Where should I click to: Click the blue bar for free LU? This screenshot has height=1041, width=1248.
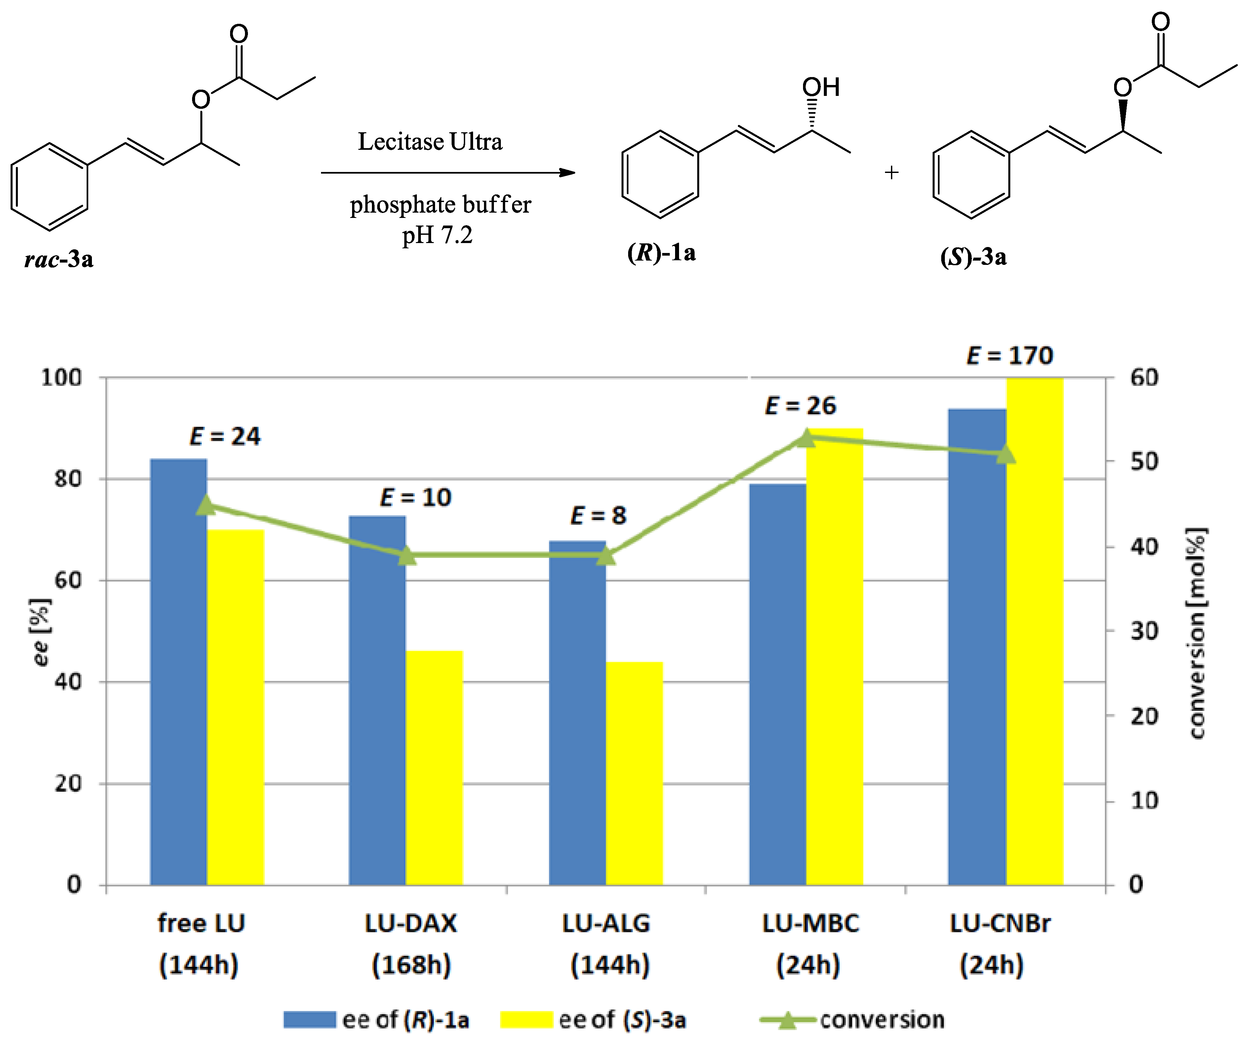click(178, 672)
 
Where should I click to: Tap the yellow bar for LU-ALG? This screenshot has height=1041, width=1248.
click(634, 773)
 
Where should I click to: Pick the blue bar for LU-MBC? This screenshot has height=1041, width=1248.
click(777, 684)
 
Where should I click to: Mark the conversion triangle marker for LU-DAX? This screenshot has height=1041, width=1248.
click(407, 556)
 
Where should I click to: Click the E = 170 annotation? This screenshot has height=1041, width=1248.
click(1010, 355)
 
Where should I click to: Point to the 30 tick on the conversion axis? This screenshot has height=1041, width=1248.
click(1144, 631)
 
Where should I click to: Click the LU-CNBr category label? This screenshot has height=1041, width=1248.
click(1000, 923)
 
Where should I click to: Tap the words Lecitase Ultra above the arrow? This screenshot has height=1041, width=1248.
click(430, 142)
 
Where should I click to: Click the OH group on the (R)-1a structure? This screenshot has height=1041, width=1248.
click(821, 87)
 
